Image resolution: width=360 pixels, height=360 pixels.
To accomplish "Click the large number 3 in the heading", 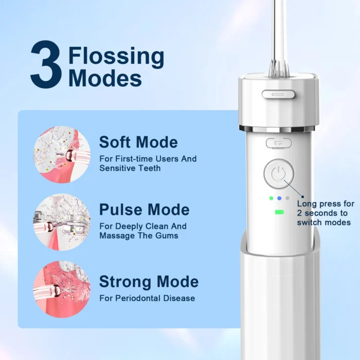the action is point(46,64).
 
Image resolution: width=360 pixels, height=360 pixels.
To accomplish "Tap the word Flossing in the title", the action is point(116,56).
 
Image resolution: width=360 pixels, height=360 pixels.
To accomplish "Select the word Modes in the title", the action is point(105,78).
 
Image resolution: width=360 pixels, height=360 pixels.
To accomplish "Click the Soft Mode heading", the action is point(138,142).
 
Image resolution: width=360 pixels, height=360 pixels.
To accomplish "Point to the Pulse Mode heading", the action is point(145,210).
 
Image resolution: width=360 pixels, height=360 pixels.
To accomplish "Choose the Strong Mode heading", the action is point(149,281).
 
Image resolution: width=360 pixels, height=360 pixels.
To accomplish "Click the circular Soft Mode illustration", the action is point(62,154).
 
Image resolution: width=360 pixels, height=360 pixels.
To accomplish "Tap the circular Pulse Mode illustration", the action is point(62,222).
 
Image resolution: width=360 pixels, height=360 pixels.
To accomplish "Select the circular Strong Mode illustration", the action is point(62,289).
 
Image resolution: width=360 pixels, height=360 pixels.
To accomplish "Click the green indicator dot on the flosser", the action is point(272,198).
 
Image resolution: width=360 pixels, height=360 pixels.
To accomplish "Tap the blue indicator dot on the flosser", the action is point(279,198).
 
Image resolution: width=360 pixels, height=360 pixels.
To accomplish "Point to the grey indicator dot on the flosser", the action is point(287,198).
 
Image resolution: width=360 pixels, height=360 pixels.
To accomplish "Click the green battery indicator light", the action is point(279,212).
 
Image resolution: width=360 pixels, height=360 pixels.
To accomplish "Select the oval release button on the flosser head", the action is point(278,94).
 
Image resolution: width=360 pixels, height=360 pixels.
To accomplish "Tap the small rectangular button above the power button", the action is point(279,143).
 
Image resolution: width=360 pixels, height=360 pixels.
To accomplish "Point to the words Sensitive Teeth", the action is point(130,168).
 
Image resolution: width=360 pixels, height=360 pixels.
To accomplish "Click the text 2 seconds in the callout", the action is point(322,213).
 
